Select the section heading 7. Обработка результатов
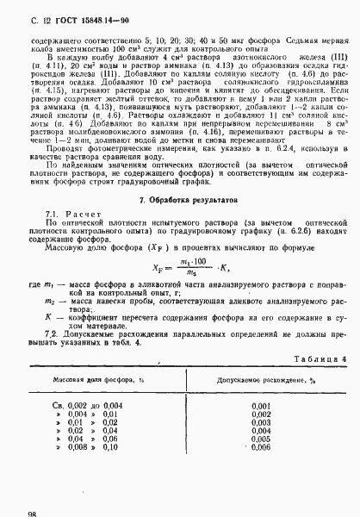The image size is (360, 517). click(x=179, y=224)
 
